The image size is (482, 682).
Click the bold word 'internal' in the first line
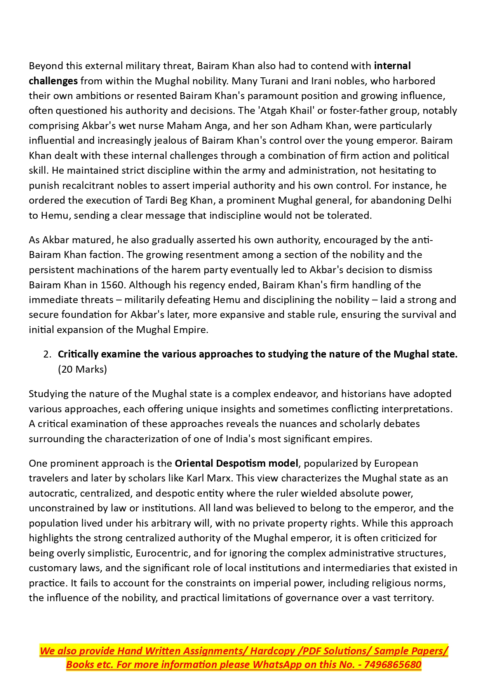(x=392, y=66)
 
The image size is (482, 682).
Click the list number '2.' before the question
(x=47, y=354)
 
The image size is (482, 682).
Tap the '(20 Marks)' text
(x=82, y=369)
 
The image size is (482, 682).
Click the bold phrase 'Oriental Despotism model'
(x=237, y=463)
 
